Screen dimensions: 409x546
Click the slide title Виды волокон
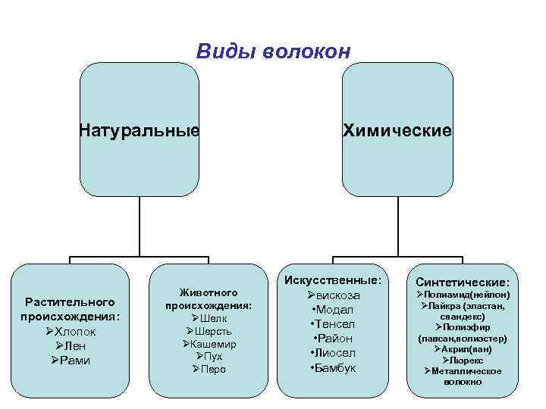273,52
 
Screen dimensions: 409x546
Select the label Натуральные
140,130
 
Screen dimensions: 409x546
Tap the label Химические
397,130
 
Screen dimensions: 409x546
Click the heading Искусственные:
333,280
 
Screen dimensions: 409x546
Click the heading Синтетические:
463,283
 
